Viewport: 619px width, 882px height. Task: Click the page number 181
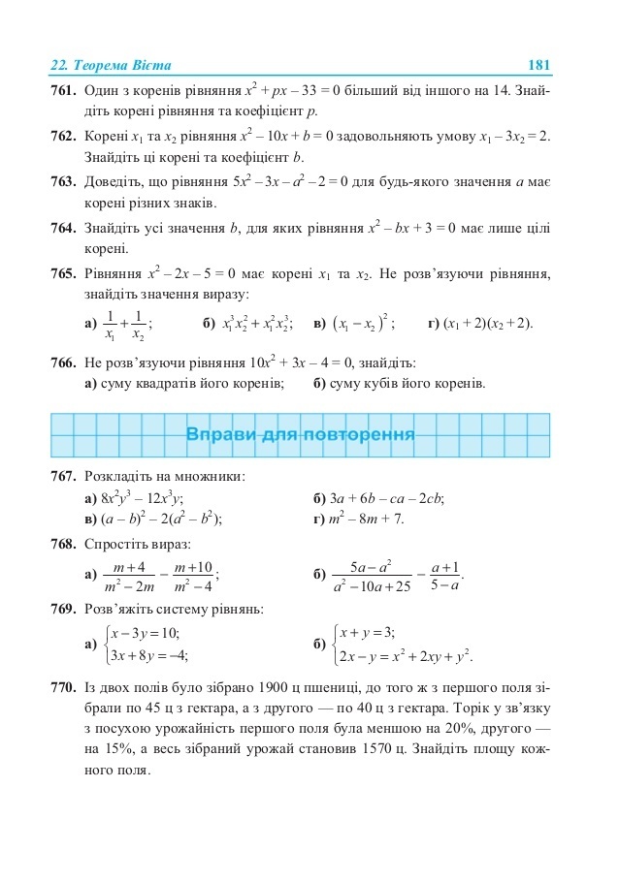pyautogui.click(x=538, y=65)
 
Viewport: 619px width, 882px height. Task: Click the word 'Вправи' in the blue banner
pyautogui.click(x=219, y=434)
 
